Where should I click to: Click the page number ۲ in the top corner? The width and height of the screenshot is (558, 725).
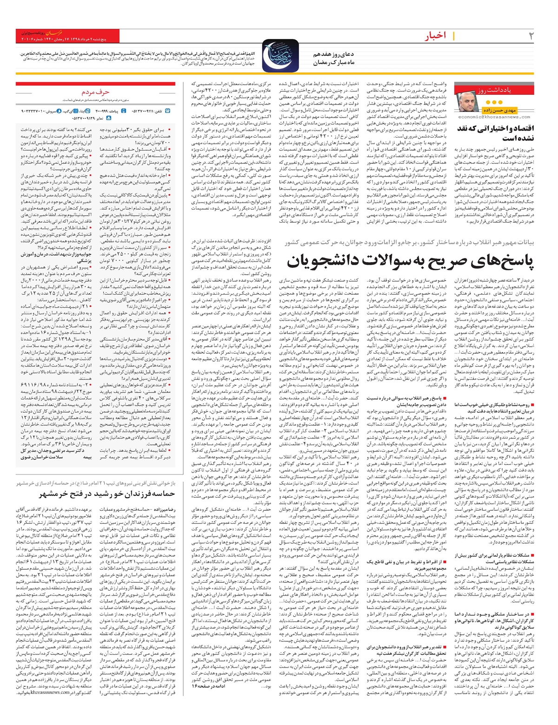[x=531, y=36]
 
